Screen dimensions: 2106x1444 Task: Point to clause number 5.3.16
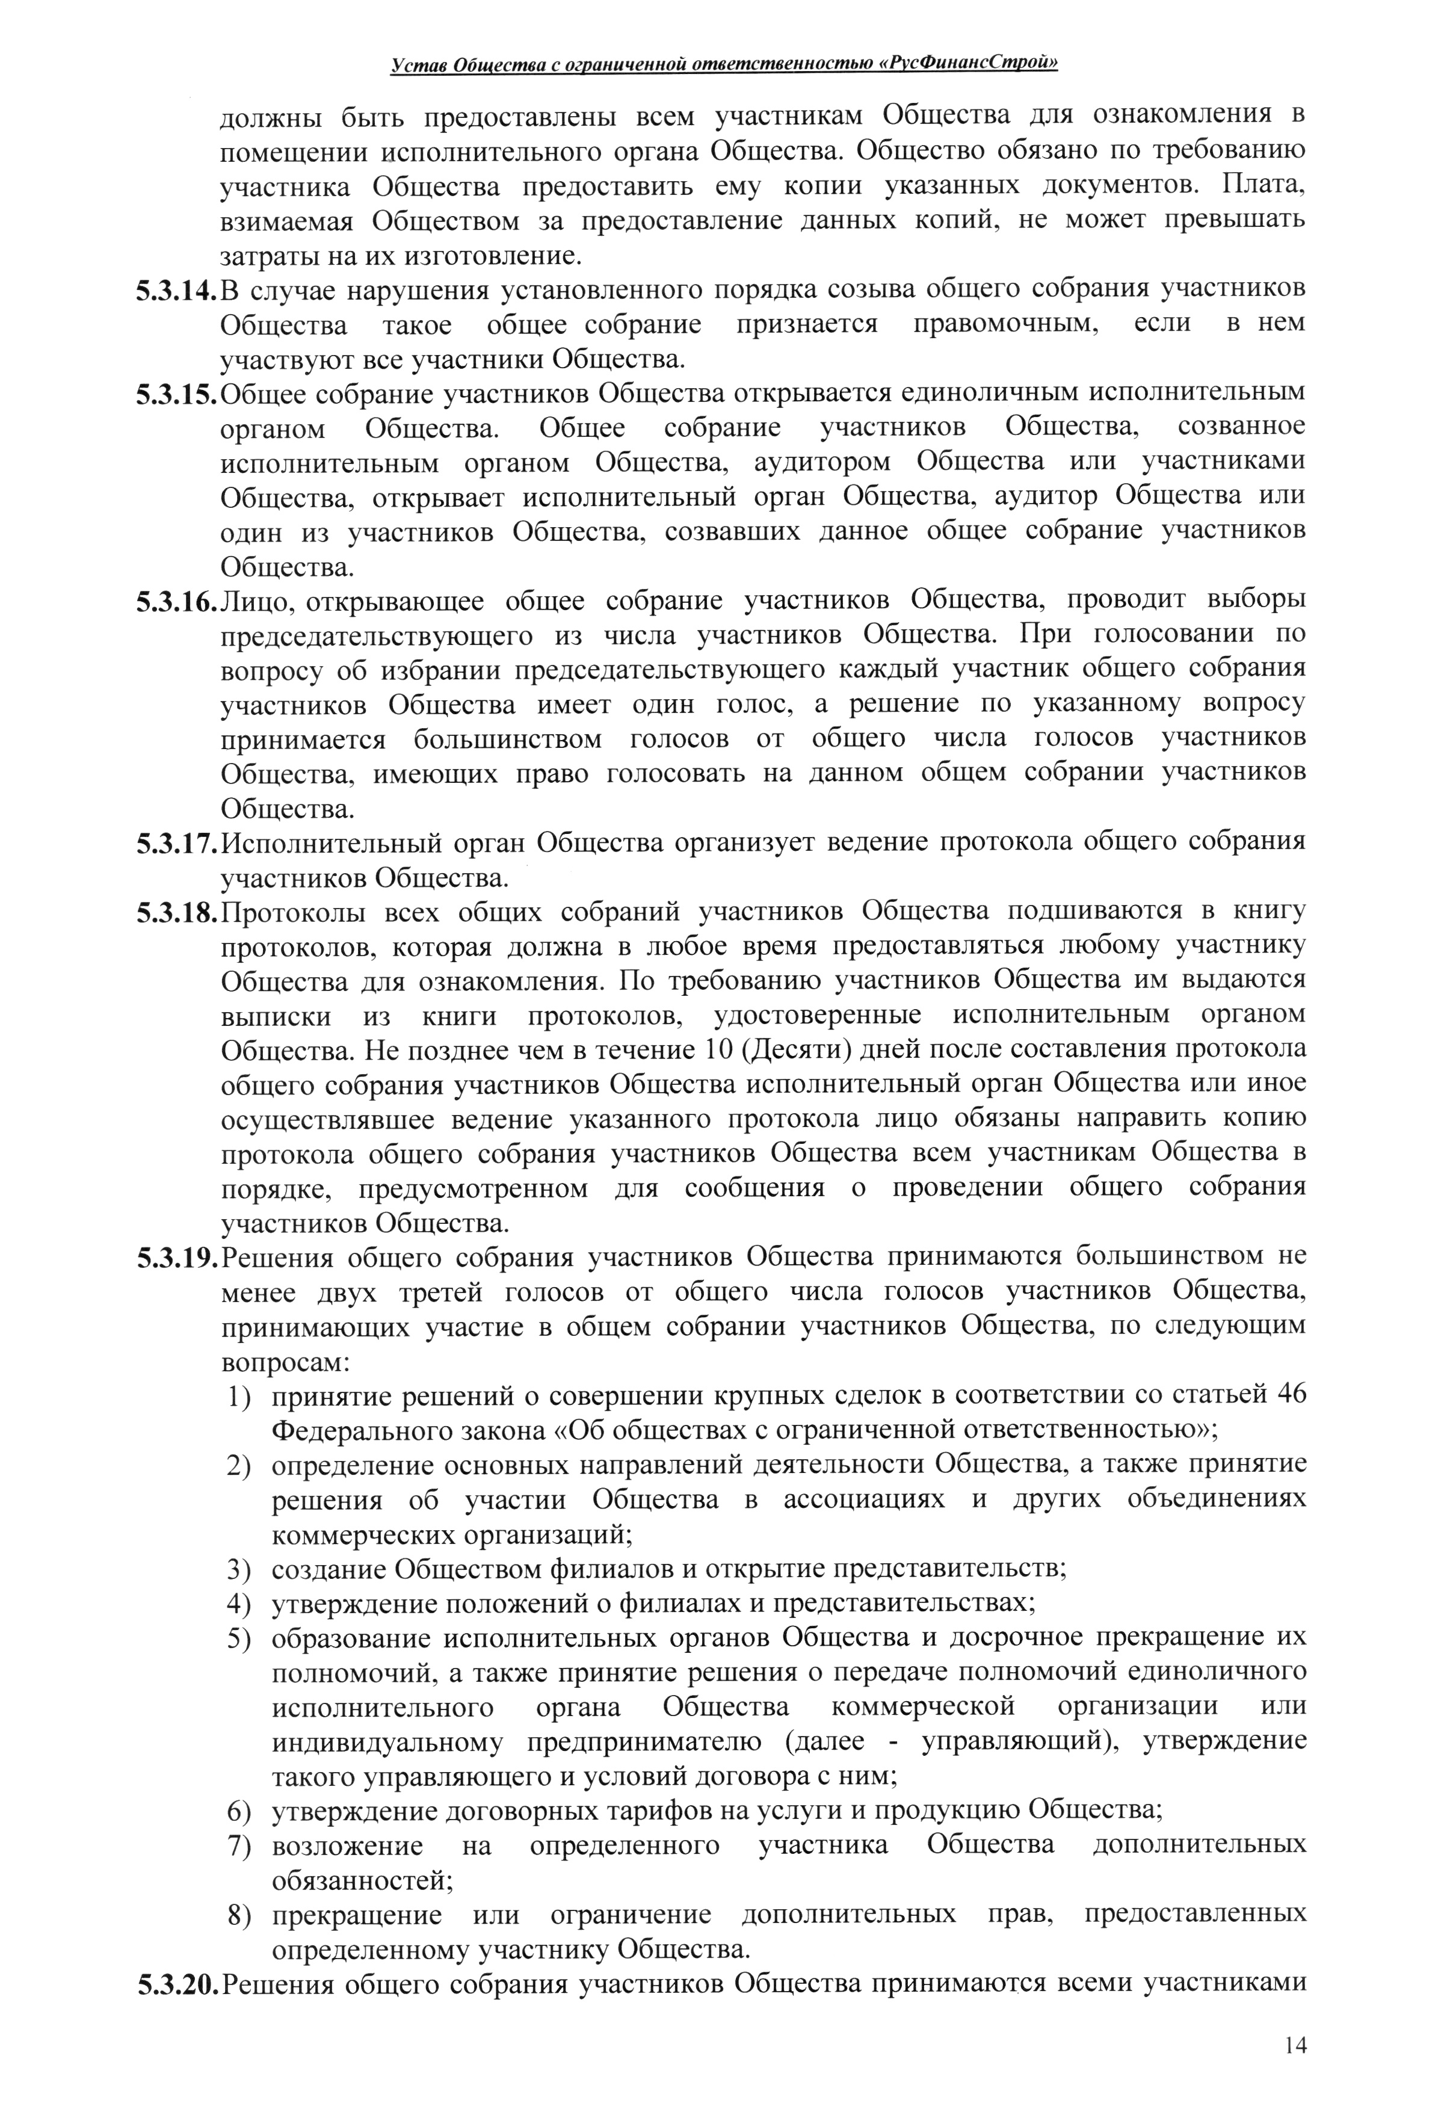[x=177, y=602]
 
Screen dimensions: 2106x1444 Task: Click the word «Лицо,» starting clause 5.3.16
[x=256, y=602]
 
